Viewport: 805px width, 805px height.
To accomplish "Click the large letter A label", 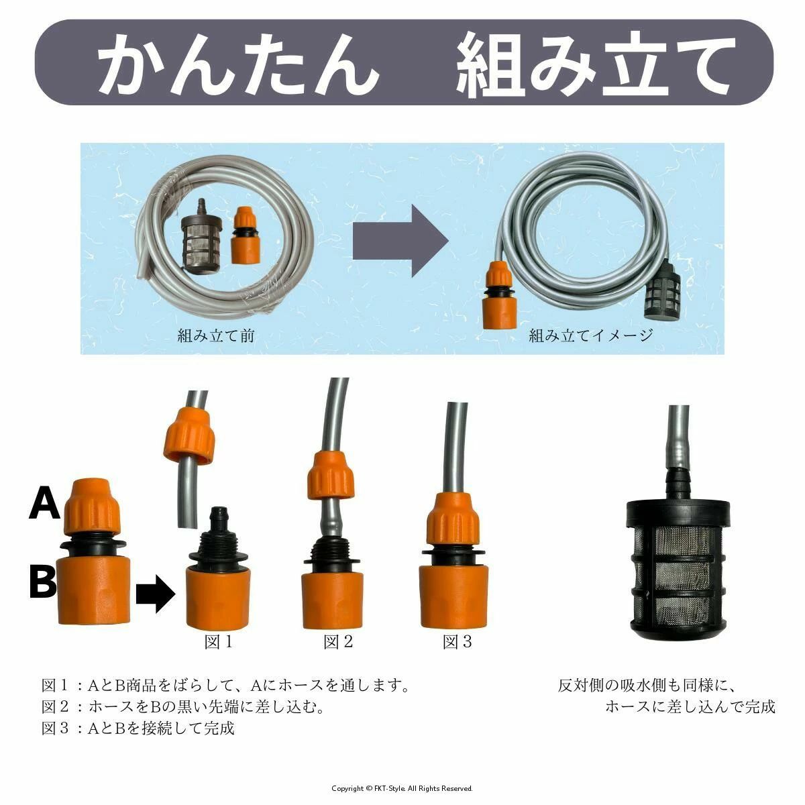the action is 45,504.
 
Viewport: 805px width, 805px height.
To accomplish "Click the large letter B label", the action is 43,581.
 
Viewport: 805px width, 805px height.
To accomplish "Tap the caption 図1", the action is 219,642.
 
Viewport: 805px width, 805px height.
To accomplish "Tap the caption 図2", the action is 338,642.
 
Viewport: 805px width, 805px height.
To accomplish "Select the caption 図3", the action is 458,642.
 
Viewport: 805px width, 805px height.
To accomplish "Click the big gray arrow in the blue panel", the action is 400,241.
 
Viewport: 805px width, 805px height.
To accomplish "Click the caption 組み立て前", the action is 216,335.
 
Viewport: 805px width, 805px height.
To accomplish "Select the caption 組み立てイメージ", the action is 591,335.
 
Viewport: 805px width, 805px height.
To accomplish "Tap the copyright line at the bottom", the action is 402,788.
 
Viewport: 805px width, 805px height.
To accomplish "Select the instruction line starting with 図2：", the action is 183,706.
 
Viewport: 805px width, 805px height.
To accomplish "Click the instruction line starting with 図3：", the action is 138,728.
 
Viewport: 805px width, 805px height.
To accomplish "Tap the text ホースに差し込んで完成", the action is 690,706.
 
